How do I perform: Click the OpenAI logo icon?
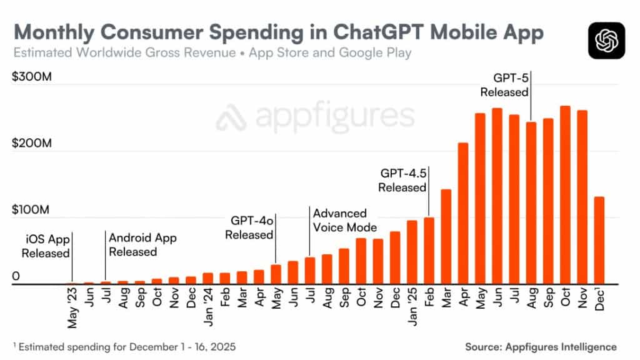pos(606,40)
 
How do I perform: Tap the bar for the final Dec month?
pos(599,241)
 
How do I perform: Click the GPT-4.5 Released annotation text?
pos(402,180)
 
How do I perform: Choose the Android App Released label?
pos(142,245)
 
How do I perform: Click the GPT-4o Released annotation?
pos(249,228)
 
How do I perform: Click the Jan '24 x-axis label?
pos(209,307)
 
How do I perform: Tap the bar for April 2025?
pos(463,213)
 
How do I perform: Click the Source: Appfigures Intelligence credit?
pos(541,346)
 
